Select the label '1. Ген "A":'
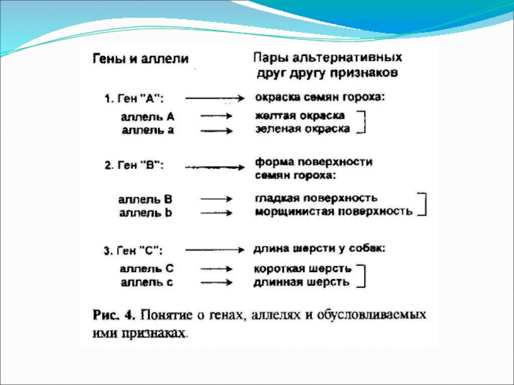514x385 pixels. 134,99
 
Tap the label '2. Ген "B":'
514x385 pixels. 134,166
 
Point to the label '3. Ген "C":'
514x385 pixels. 134,250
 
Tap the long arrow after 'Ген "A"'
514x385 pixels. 213,98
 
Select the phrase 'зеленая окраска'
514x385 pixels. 303,129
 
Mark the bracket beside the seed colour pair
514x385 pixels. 363,122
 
